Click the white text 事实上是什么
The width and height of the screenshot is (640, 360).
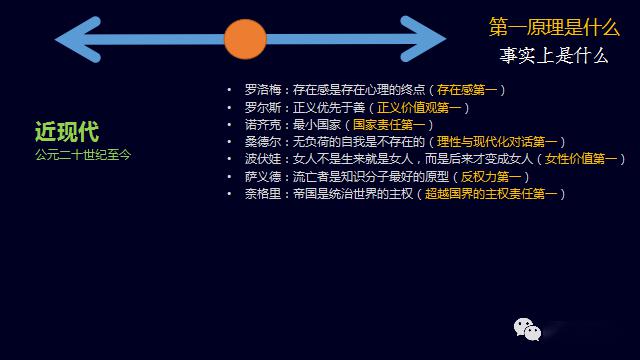[x=554, y=55]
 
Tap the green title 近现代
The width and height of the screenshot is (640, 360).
[x=67, y=132]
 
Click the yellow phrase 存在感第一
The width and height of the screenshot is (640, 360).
[x=468, y=90]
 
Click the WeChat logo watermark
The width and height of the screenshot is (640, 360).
[x=527, y=328]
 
